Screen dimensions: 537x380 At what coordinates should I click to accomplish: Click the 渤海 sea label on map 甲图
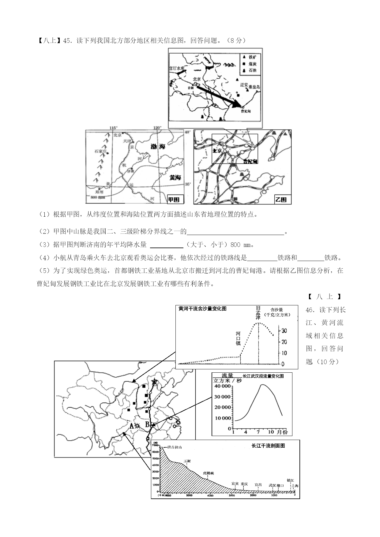(x=158, y=147)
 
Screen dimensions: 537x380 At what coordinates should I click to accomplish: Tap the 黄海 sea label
(x=175, y=177)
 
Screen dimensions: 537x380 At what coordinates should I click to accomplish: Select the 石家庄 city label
(x=100, y=151)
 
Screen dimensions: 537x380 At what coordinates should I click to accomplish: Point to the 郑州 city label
(x=99, y=192)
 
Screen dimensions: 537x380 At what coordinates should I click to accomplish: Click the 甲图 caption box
(x=174, y=200)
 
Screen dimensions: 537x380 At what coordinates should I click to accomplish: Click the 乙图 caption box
(x=281, y=200)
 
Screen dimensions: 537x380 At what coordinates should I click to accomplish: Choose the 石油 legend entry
(x=252, y=70)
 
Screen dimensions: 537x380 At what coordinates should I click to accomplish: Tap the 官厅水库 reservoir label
(x=177, y=69)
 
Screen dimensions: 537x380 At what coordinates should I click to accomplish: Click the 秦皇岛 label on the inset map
(x=254, y=87)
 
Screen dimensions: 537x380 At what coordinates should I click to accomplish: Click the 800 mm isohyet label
(x=97, y=197)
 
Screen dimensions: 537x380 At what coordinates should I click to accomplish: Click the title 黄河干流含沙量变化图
(x=202, y=309)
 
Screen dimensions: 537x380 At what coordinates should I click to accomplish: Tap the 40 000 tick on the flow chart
(x=222, y=386)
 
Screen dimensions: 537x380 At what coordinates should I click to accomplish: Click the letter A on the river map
(x=132, y=426)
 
